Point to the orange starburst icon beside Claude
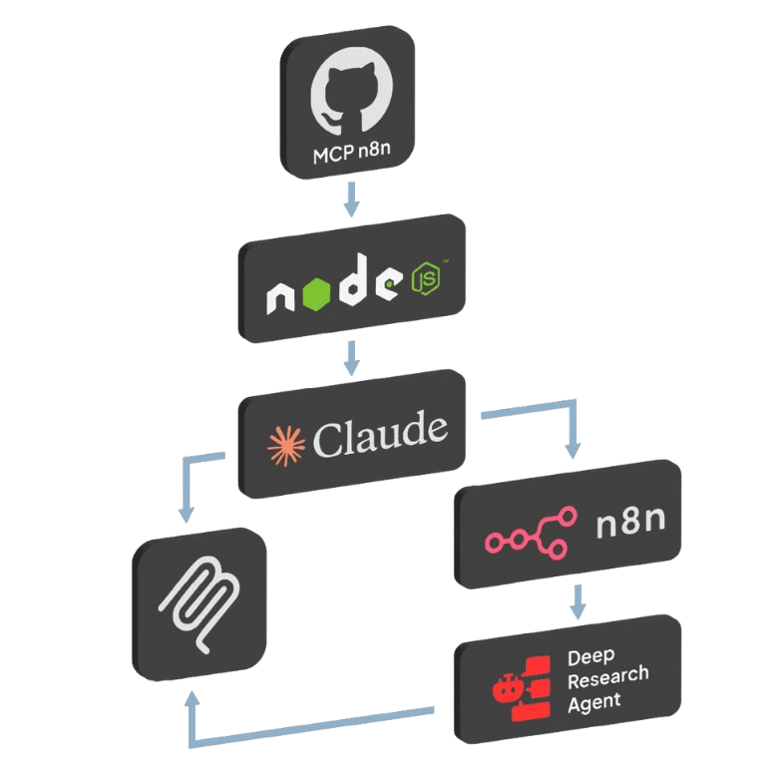coord(284,446)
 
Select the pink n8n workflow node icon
coord(531,531)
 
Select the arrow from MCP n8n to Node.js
coord(350,198)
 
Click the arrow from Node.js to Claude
coord(350,357)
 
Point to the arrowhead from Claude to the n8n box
coord(572,450)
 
